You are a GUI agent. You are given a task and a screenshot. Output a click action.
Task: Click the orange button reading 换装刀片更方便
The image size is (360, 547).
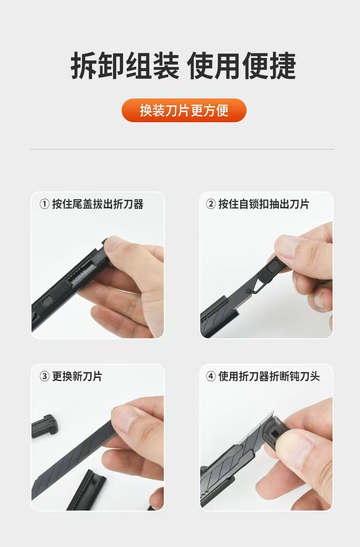click(x=184, y=110)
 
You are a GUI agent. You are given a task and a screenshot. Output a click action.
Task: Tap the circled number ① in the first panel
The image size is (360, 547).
click(x=44, y=204)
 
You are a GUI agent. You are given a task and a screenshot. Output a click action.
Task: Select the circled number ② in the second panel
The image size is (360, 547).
click(x=211, y=204)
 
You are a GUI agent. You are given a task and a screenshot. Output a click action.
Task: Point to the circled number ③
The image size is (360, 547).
click(x=44, y=377)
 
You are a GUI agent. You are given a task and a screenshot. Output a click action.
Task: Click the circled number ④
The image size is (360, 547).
click(x=211, y=377)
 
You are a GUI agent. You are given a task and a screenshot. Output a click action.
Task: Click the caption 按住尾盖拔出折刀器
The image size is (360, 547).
click(x=98, y=204)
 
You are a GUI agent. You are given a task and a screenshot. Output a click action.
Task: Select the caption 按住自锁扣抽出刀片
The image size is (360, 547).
click(x=264, y=204)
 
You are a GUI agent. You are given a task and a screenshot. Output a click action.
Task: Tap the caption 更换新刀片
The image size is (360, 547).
click(x=77, y=377)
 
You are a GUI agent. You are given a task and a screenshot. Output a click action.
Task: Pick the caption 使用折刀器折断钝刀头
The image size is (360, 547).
click(x=269, y=377)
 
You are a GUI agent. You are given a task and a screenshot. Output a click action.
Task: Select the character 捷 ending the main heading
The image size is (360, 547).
click(x=283, y=66)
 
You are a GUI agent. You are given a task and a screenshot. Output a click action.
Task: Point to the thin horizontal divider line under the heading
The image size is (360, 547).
click(x=182, y=149)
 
